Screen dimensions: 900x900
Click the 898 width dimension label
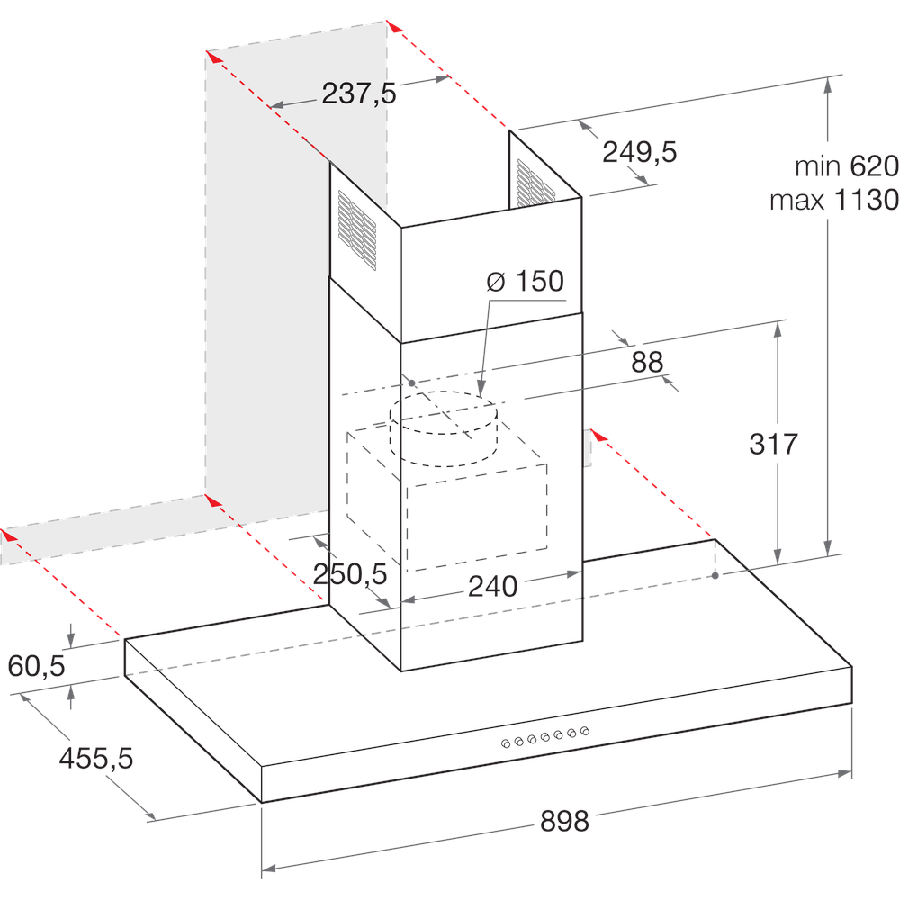click(x=564, y=820)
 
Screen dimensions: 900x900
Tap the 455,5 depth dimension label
click(x=95, y=758)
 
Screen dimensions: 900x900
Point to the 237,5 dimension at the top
click(x=359, y=93)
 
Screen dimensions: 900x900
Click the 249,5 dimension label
click(x=639, y=152)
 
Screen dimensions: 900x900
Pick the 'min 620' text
click(x=846, y=166)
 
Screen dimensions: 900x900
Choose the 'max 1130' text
click(x=833, y=200)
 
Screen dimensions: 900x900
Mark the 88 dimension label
click(x=647, y=362)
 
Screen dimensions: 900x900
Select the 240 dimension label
click(x=492, y=586)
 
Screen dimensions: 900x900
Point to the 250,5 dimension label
click(x=349, y=573)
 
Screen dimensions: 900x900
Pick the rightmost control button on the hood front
click(x=585, y=730)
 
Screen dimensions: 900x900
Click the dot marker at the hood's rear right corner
click(x=715, y=575)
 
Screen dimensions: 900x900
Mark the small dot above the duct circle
click(x=411, y=382)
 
